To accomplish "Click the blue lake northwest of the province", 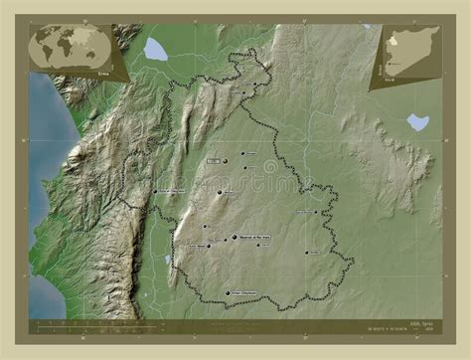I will pos(155,49).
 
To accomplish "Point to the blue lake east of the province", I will pos(418,121).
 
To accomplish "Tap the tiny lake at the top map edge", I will pos(367,27).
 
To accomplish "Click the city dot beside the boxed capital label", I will pos(226,161).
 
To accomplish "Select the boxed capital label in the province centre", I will pos(214,159).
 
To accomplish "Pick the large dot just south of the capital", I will pos(220,193).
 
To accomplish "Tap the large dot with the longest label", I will pos(235,237).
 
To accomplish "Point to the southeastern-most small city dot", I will pos(307,252).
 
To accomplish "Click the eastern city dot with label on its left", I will pos(317,211).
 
